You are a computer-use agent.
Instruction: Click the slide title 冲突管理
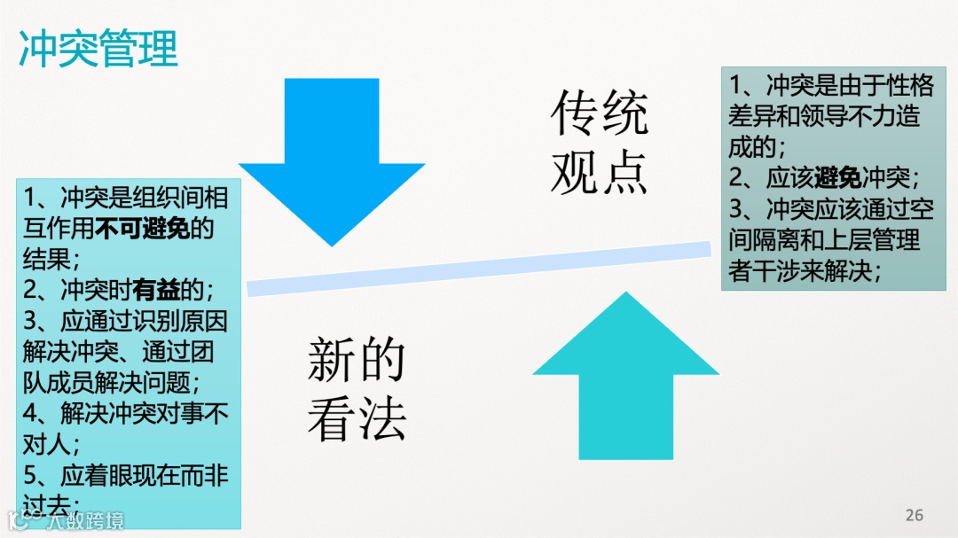click(x=98, y=49)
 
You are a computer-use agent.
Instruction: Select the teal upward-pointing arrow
click(x=625, y=381)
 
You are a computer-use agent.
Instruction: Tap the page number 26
click(x=915, y=515)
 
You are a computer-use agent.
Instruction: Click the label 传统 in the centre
click(x=600, y=113)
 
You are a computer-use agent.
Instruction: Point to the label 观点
click(x=600, y=170)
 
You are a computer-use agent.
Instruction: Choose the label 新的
click(x=357, y=359)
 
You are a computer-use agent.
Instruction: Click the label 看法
click(x=357, y=418)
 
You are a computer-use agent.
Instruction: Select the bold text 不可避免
click(x=142, y=228)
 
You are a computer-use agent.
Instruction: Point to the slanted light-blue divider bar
click(x=479, y=264)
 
